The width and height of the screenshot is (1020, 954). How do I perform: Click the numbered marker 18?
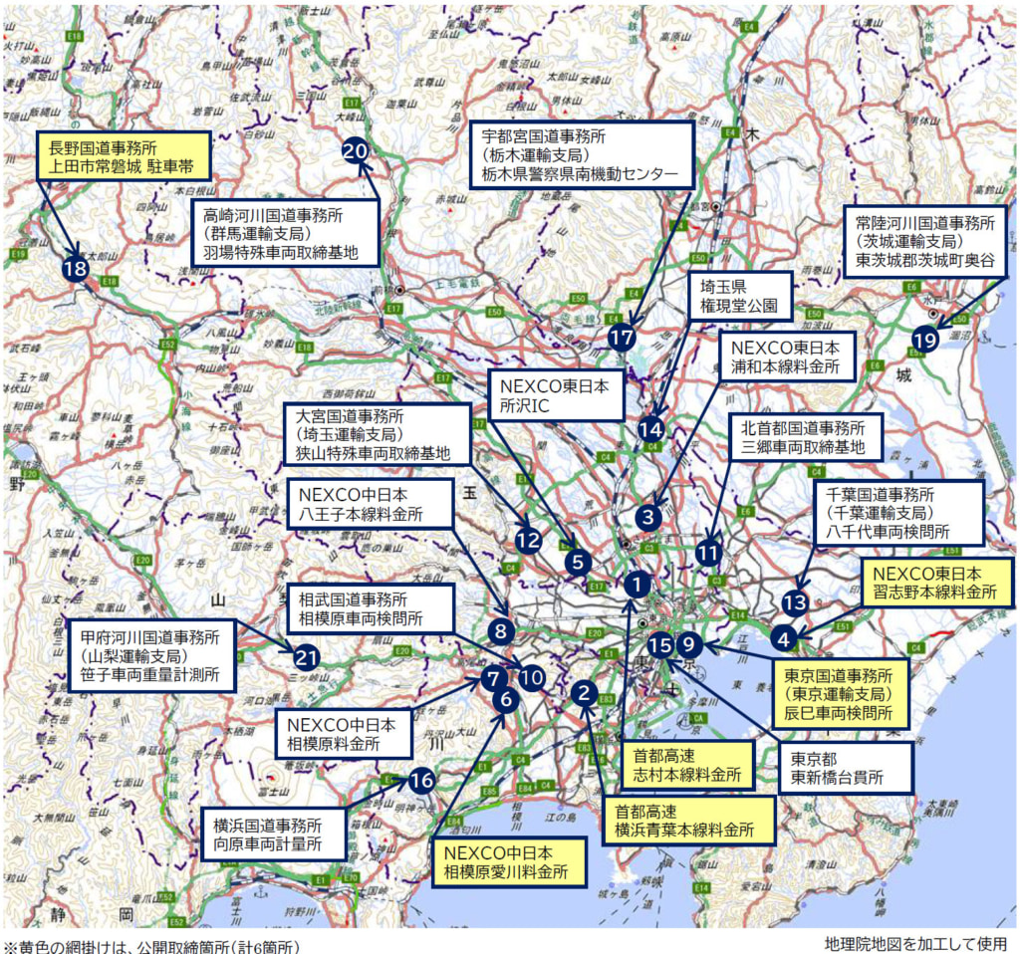pos(75,269)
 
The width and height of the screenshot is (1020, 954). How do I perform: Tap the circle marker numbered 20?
pos(356,150)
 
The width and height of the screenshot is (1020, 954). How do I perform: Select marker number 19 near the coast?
pos(924,340)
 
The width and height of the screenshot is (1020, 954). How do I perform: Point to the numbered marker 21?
pos(307,657)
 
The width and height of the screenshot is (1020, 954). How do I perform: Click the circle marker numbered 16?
pos(422,780)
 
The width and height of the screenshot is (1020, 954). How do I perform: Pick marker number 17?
pos(622,337)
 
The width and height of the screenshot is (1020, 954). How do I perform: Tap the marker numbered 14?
pos(650,429)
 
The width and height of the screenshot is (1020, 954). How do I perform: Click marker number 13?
pos(794,602)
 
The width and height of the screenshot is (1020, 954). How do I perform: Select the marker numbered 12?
pos(528,541)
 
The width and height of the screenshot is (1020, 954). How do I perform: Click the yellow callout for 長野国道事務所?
pos(124,155)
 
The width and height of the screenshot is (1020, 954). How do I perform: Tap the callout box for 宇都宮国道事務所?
pos(582,154)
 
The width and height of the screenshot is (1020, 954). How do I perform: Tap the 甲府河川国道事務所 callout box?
pos(157,657)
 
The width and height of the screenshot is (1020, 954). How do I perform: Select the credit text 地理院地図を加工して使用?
pos(915,943)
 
